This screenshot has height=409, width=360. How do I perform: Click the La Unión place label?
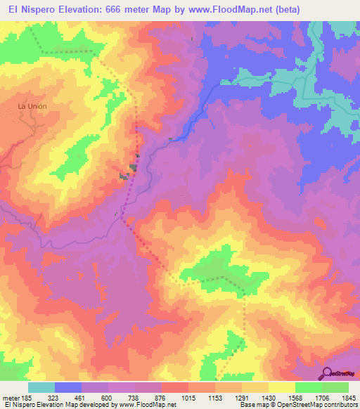point(30,106)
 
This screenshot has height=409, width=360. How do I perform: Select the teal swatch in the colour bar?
point(41,387)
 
